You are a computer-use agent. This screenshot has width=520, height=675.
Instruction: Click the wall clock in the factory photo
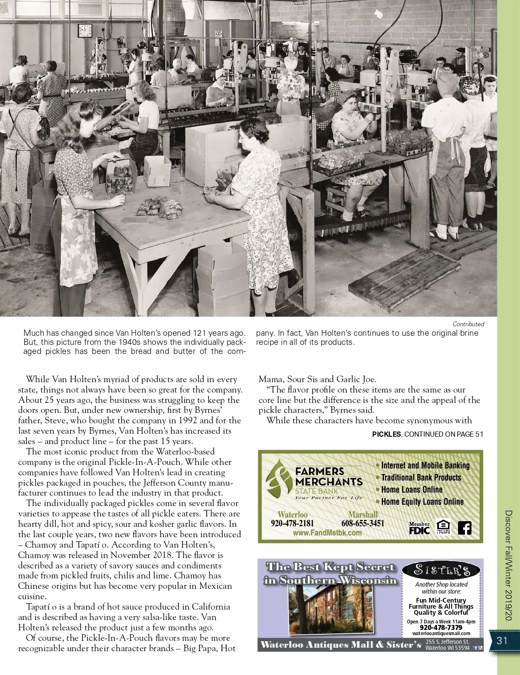(x=84, y=30)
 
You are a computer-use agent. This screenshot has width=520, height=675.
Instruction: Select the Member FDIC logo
(x=419, y=528)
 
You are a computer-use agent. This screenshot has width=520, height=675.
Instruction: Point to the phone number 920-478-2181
(x=292, y=523)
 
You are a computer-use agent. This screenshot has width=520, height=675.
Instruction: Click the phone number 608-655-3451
(x=363, y=523)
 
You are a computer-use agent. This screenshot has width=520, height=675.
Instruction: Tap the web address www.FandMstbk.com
(x=327, y=533)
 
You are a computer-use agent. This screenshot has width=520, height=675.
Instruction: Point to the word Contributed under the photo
(x=468, y=324)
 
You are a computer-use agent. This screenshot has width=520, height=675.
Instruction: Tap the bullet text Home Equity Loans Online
(x=422, y=502)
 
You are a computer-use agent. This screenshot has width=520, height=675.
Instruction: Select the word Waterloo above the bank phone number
(x=292, y=515)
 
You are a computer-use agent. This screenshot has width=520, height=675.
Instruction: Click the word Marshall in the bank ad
(x=363, y=515)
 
